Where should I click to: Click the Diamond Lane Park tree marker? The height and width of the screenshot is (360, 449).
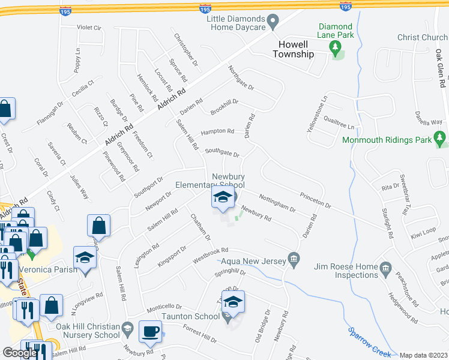point(337,52)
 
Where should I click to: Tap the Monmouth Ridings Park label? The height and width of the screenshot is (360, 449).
point(387,140)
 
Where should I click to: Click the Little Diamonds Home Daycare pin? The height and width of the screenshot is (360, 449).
point(273,23)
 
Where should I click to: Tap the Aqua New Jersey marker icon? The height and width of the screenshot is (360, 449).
point(294,260)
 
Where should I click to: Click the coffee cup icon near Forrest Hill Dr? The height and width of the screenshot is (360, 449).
point(149,331)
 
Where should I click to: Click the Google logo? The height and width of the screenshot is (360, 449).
point(20,353)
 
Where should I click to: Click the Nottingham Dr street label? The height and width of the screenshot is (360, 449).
point(277,202)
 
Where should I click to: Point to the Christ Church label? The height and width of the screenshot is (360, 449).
point(423,38)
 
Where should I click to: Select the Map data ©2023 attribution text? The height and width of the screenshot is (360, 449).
point(423,355)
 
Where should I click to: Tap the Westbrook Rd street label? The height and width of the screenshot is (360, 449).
point(211,256)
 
